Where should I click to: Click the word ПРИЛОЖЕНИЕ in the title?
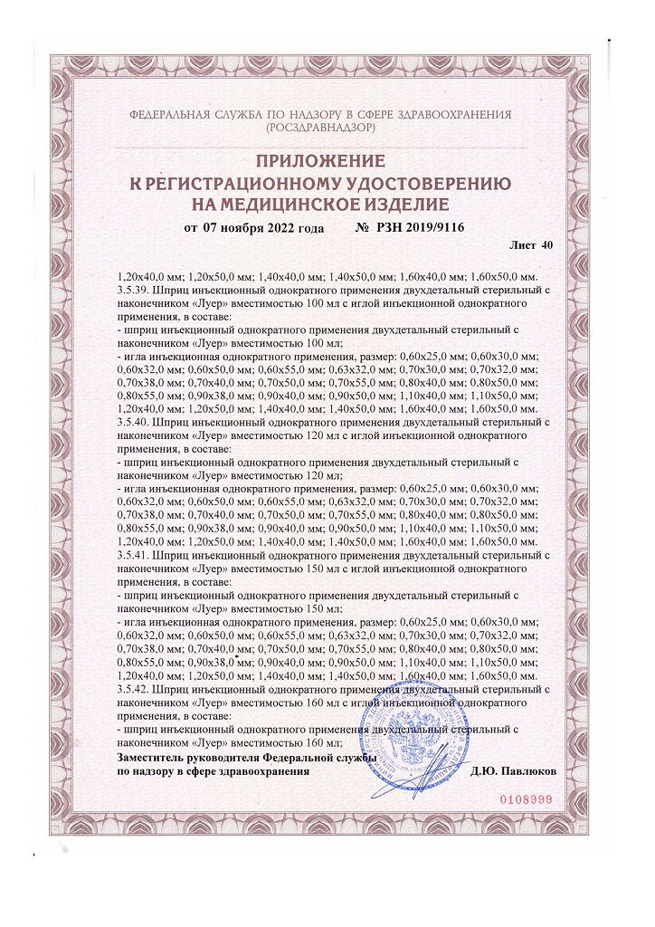pyautogui.click(x=321, y=162)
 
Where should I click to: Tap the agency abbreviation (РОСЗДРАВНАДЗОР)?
pyautogui.click(x=321, y=129)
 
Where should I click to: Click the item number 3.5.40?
pyautogui.click(x=135, y=422)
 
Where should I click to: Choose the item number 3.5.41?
pyautogui.click(x=135, y=552)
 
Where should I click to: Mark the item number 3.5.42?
pyautogui.click(x=135, y=689)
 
